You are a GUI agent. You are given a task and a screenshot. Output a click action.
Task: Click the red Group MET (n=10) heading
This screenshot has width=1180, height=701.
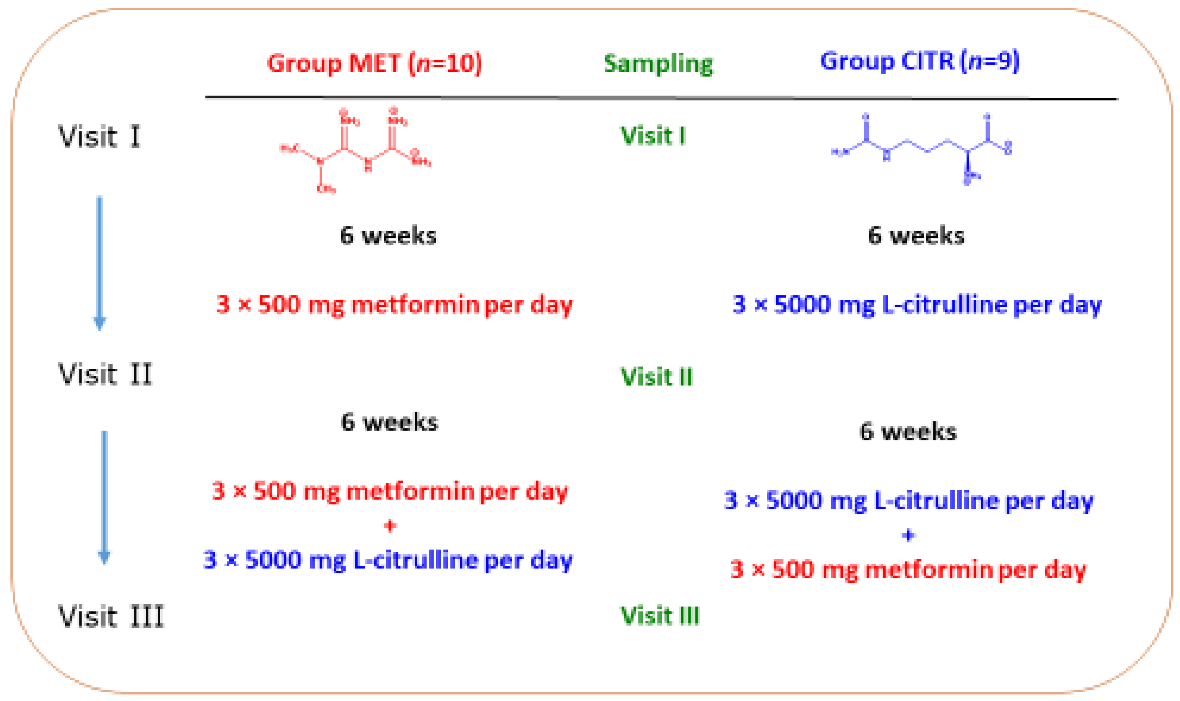coord(374,63)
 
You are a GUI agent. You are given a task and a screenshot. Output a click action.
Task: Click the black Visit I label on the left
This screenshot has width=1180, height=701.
coord(99,136)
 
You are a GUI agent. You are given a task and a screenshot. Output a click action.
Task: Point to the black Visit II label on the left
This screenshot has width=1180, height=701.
coord(105,374)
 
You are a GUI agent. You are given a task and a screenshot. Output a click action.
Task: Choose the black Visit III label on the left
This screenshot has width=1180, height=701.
coord(111,617)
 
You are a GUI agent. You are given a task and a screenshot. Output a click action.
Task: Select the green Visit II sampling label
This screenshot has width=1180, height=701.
coord(656,376)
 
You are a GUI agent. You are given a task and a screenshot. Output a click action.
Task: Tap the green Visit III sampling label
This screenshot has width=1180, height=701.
coord(659,615)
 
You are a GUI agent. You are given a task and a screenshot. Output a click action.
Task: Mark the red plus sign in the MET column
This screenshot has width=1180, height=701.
coord(390,526)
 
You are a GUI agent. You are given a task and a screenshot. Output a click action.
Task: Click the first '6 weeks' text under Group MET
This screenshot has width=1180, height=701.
coord(388,235)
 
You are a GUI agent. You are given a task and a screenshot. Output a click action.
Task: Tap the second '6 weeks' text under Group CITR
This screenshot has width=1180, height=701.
coord(907,431)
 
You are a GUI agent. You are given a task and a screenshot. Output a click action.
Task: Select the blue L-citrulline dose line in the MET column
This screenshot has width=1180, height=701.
coord(388,560)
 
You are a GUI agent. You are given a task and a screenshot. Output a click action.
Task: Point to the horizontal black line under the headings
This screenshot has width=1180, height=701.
coord(661,98)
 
